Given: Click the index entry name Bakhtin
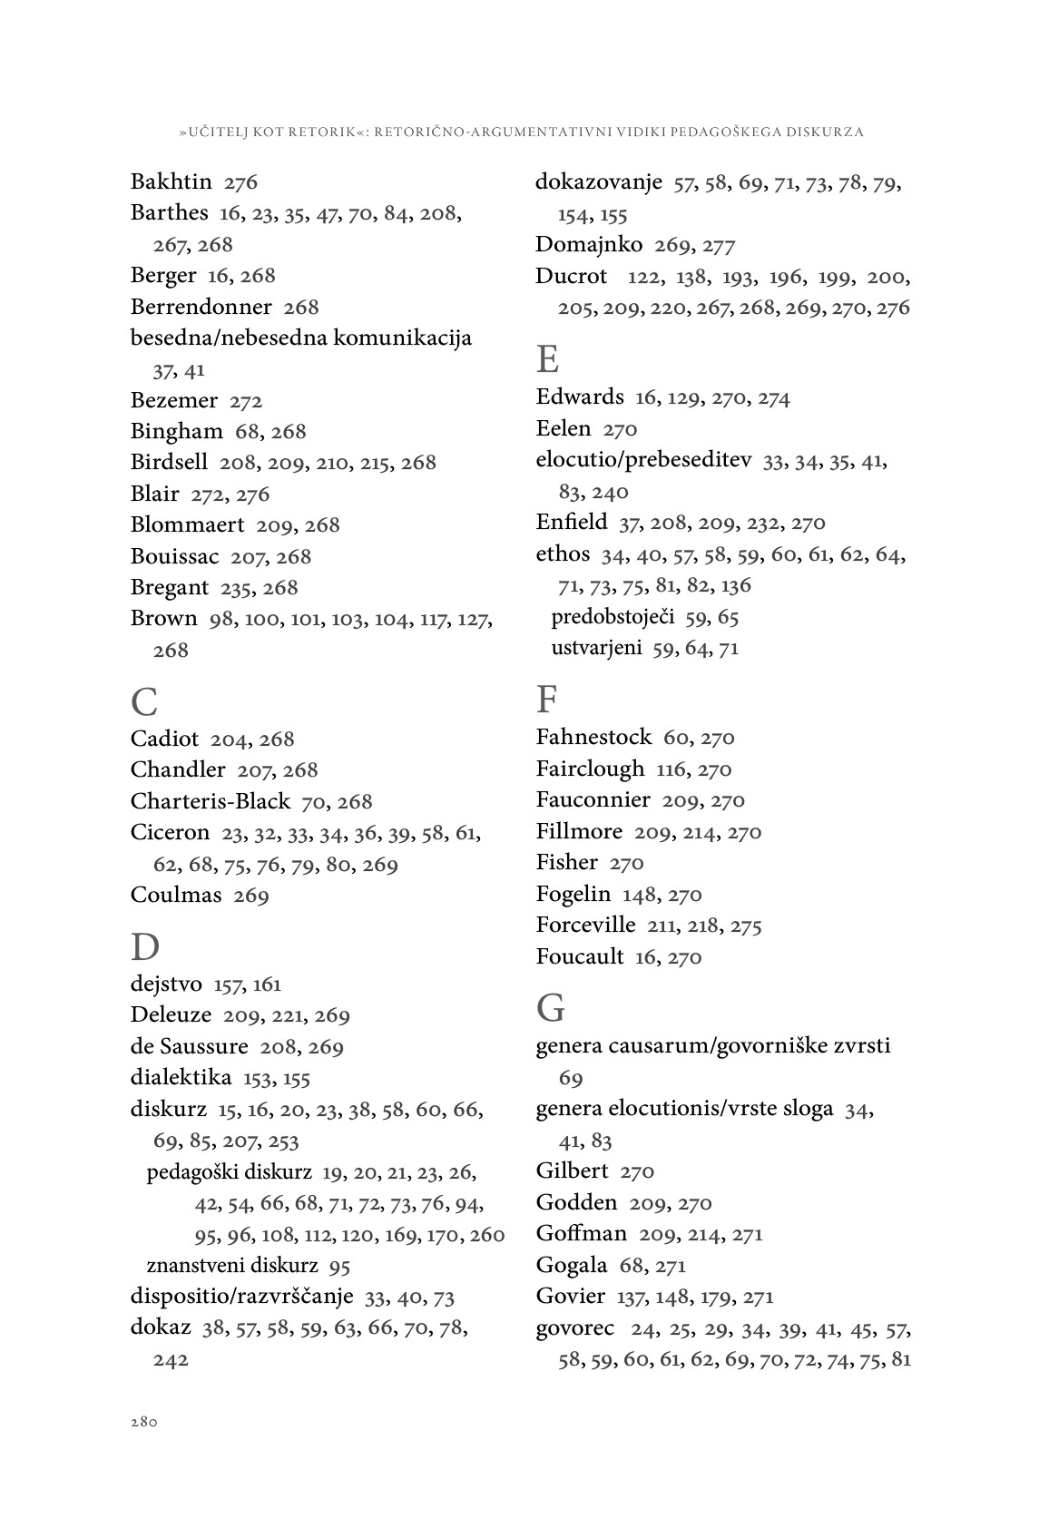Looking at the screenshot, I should [x=171, y=181].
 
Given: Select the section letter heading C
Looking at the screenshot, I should [x=144, y=701].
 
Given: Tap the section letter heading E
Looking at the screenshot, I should [x=547, y=359].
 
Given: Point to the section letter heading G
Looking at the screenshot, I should [x=550, y=1007].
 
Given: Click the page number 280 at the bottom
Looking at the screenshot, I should [x=144, y=1422].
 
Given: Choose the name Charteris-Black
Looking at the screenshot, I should [x=211, y=801].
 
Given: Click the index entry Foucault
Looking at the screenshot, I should [x=580, y=956].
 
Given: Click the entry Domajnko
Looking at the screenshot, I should [x=589, y=244].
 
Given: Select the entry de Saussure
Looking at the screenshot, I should [x=189, y=1046].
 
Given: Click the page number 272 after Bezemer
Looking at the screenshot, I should [x=246, y=401].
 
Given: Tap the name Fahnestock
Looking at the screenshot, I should [x=593, y=737].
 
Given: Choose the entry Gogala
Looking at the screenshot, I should [x=572, y=1265].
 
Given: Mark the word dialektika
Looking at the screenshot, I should [x=181, y=1078].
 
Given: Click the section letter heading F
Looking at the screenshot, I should [x=546, y=700].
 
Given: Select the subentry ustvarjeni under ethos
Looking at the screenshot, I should [x=596, y=648].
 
